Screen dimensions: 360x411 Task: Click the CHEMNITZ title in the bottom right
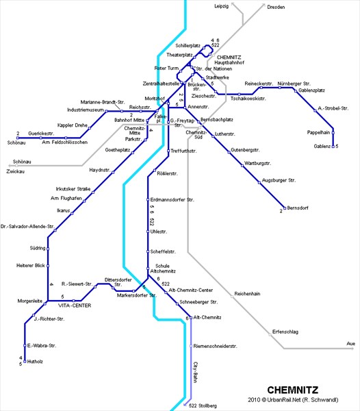point(292,390)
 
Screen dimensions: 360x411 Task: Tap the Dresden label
point(276,7)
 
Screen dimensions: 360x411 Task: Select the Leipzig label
point(222,6)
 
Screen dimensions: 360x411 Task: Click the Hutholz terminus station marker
point(25,361)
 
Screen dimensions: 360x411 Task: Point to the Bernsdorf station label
point(298,208)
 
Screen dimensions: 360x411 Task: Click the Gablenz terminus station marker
point(333,147)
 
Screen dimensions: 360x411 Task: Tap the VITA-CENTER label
point(75,306)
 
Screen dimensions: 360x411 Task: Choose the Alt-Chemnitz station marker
point(191,318)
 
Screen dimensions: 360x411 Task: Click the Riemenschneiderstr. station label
point(215,346)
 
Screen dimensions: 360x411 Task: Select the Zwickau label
point(16,171)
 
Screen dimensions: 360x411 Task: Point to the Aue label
point(351,343)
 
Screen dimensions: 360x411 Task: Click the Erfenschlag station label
point(285,332)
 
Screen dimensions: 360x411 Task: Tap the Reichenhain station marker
point(232,297)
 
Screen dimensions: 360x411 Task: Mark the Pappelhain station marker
point(333,133)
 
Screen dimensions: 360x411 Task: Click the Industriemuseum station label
point(86,110)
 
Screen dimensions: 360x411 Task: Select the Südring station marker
point(48,249)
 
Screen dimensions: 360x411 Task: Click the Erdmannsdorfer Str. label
point(172,200)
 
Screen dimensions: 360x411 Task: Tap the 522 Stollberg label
point(203,406)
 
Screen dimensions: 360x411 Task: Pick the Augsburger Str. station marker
point(259,183)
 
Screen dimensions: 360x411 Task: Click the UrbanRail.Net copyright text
point(293,400)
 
